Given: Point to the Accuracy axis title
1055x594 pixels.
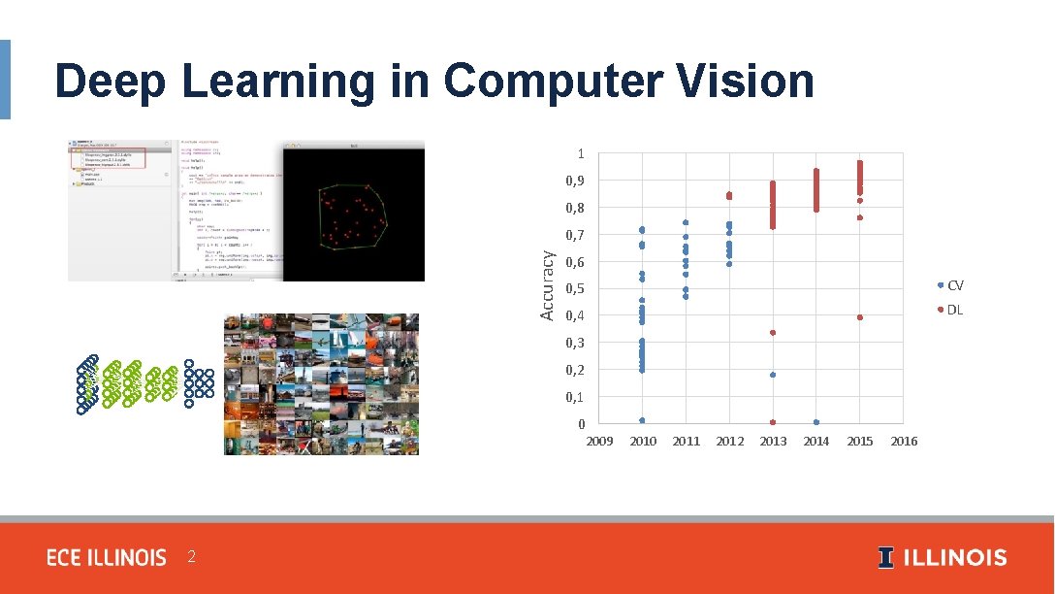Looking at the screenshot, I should (x=548, y=285).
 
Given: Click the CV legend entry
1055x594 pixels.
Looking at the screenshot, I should (x=954, y=285).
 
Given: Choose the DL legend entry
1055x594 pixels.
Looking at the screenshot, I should (x=954, y=310).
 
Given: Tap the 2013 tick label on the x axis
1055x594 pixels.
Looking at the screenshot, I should (x=773, y=442).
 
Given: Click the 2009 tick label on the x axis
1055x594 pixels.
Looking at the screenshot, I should (x=599, y=442).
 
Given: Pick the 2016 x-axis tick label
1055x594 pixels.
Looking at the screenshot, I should (x=903, y=442).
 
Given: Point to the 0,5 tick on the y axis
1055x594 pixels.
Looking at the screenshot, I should (x=575, y=289).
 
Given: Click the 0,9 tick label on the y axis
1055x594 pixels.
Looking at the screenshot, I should (x=575, y=181).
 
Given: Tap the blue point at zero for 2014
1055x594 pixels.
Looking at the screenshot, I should (x=816, y=422).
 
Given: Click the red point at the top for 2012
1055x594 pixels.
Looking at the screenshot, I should (x=729, y=196).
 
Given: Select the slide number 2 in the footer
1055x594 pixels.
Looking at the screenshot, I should (x=192, y=557).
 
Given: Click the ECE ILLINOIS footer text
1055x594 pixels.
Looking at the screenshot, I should (x=107, y=558).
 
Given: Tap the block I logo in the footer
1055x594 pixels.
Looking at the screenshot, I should (x=885, y=558).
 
